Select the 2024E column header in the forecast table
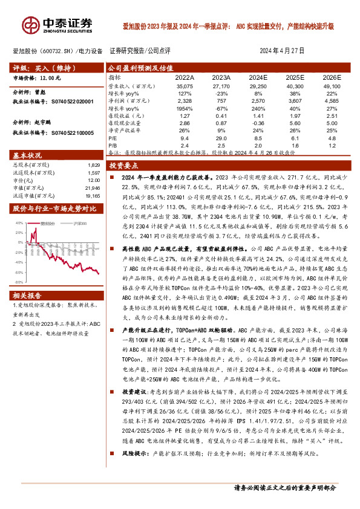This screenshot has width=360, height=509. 258,79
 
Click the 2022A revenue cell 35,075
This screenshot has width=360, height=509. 185,87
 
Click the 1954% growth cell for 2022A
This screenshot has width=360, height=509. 185,108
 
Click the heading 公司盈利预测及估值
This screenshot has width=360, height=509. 140,68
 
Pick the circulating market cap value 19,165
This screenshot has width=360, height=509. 91,196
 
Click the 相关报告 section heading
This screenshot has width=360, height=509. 27,296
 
